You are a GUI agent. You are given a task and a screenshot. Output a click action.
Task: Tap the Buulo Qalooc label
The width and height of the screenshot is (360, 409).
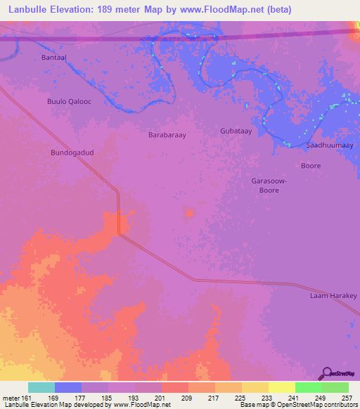[x=69, y=101]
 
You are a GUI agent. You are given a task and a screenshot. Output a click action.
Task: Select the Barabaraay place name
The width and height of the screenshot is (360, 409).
[x=167, y=134]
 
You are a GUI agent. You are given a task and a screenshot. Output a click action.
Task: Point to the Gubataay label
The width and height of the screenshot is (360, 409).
[x=236, y=131]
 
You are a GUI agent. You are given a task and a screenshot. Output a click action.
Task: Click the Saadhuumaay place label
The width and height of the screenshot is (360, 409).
[x=330, y=145]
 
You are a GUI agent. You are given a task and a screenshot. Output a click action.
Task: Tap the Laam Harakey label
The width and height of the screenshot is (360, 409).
[x=333, y=296]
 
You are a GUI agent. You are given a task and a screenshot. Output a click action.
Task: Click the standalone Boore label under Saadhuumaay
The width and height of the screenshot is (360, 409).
[x=310, y=167]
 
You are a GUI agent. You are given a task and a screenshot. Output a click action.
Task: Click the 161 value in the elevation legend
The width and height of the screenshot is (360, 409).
[x=22, y=397]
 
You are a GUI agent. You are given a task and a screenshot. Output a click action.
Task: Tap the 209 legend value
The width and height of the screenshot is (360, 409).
[x=188, y=397]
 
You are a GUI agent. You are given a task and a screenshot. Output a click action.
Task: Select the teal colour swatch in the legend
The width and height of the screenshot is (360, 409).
[x=41, y=387]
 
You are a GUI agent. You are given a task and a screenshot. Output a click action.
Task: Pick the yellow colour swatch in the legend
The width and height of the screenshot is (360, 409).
[x=281, y=387]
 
